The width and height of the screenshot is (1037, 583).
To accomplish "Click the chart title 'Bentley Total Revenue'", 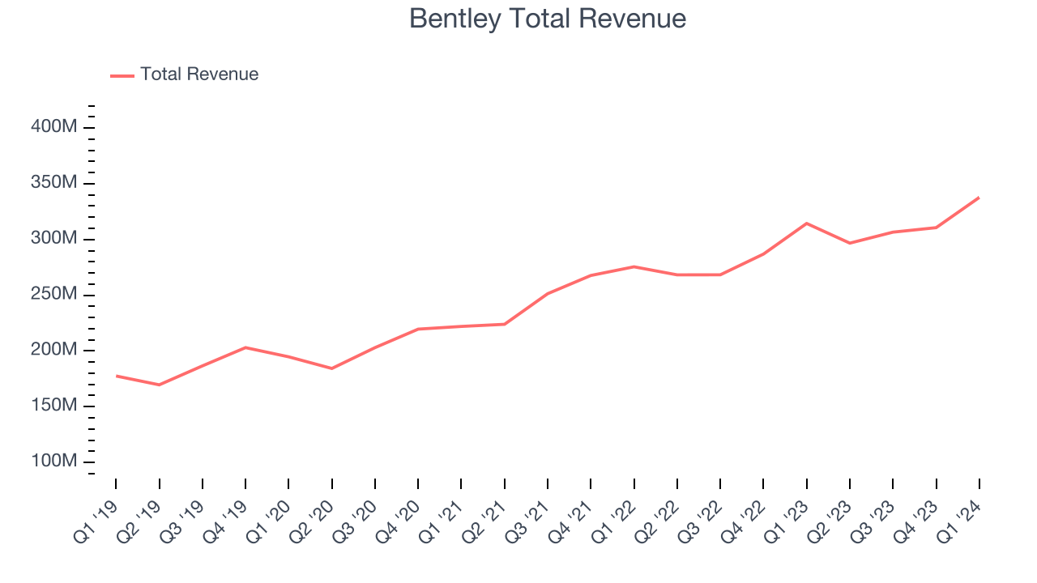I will tap(547, 19).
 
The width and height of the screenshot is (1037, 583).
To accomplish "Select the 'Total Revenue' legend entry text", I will tap(199, 74).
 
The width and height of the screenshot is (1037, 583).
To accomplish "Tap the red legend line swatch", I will tap(122, 75).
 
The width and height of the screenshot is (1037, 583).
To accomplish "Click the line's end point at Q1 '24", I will tap(979, 198).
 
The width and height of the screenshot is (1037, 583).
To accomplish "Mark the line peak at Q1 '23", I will tap(806, 223).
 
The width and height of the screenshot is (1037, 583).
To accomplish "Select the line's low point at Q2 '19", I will tap(159, 385).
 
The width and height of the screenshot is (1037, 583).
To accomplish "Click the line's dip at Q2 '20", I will tap(331, 368).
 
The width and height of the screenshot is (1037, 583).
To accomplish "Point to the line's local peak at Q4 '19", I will tap(245, 347).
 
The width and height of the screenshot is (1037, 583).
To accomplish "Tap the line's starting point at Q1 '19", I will tap(116, 376).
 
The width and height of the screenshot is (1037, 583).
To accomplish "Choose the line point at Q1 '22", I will tap(634, 266).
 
